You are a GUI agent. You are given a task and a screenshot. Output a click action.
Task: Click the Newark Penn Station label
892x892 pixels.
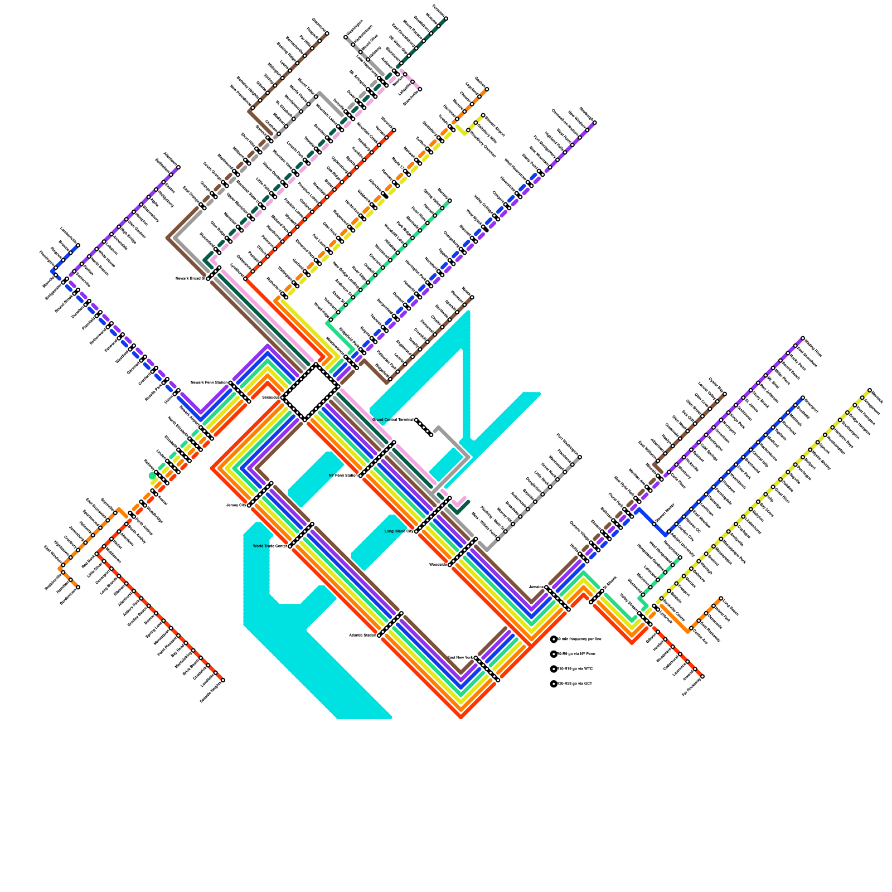209,382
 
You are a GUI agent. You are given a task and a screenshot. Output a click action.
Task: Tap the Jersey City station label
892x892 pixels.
236,505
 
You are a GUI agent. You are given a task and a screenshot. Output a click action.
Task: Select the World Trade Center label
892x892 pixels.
270,546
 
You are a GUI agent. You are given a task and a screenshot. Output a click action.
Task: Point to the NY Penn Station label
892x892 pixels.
343,476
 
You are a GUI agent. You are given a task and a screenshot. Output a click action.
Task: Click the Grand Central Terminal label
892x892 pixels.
393,420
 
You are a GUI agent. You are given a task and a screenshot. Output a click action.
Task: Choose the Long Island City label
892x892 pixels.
399,531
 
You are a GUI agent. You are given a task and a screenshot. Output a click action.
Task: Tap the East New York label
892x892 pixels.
460,658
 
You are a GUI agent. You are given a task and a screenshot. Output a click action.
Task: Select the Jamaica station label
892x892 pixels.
536,586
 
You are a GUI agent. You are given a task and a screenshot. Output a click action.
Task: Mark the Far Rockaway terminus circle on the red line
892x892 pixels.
702,677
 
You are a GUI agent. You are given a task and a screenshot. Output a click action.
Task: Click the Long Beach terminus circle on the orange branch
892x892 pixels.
721,598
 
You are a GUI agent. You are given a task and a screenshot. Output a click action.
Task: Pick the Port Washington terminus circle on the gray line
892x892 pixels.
580,457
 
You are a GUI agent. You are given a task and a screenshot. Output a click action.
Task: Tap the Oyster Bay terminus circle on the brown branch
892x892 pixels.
724,394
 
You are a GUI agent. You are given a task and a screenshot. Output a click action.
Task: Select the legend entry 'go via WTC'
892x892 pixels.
575,668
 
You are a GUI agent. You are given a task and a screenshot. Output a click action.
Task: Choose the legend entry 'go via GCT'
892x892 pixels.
574,683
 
